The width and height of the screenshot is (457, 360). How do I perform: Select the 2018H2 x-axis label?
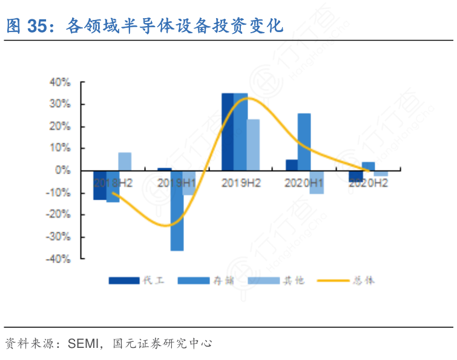pyautogui.click(x=113, y=182)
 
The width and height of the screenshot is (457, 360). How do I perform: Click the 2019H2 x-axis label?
pyautogui.click(x=241, y=182)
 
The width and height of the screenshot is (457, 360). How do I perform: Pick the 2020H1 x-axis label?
pyautogui.click(x=304, y=182)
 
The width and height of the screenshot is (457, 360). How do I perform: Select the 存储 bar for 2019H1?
pyautogui.click(x=177, y=211)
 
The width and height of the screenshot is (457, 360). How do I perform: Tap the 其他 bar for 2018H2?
pyautogui.click(x=125, y=162)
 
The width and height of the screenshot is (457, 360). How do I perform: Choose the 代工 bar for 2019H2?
pyautogui.click(x=228, y=132)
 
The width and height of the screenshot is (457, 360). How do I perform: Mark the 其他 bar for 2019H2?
pyautogui.click(x=253, y=145)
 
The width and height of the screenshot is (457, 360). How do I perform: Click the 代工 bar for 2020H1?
pyautogui.click(x=292, y=165)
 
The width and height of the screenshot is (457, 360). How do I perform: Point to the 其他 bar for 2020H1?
pyautogui.click(x=317, y=182)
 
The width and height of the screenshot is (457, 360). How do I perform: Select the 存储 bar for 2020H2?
pyautogui.click(x=368, y=166)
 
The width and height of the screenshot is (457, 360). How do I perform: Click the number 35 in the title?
pyautogui.click(x=38, y=26)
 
